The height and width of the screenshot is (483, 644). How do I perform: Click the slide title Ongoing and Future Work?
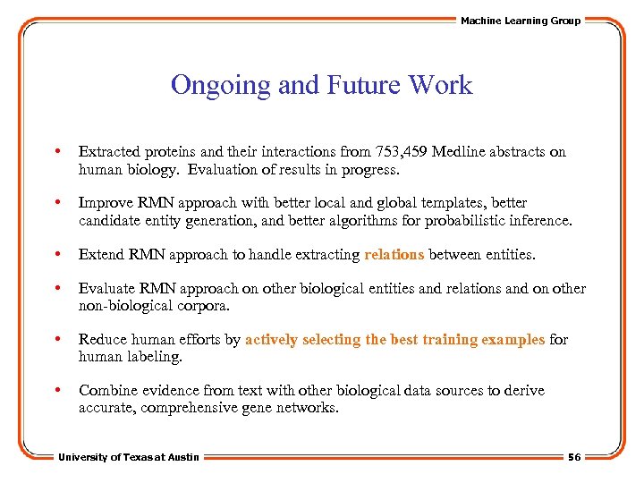coord(321,85)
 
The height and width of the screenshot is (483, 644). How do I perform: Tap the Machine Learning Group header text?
coord(520,21)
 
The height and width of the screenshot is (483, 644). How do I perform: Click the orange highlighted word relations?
coord(394,255)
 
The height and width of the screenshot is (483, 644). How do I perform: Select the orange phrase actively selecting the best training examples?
coord(394,340)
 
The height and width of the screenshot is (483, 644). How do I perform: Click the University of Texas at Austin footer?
coord(129,457)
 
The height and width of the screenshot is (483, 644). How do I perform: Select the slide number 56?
coord(573,457)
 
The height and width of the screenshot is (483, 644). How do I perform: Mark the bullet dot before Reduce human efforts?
coord(57,340)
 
